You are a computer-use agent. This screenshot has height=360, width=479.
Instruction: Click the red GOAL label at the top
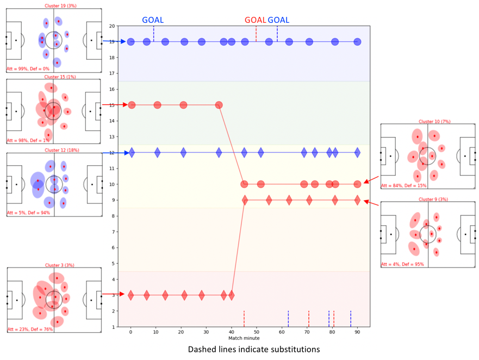(x=255, y=20)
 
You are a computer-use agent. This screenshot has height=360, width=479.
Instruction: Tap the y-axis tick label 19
(x=112, y=42)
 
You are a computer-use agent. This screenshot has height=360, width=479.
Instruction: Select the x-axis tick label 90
(x=357, y=331)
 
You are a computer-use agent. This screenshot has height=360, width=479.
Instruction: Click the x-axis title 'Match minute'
(x=244, y=338)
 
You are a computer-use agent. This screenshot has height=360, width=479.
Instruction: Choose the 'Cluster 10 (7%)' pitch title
(x=427, y=121)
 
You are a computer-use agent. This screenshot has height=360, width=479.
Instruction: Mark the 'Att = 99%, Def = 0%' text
(x=28, y=69)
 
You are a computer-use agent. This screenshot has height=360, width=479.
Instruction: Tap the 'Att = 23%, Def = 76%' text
(x=29, y=329)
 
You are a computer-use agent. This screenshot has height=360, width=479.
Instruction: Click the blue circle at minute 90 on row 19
(x=357, y=42)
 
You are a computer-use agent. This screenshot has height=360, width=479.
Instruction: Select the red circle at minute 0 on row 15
(x=131, y=105)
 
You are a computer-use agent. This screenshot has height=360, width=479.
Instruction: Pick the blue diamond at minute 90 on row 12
(x=357, y=152)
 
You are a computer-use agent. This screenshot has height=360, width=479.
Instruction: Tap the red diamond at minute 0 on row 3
(x=130, y=295)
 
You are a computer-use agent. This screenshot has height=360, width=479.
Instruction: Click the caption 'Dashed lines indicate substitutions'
(x=254, y=349)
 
